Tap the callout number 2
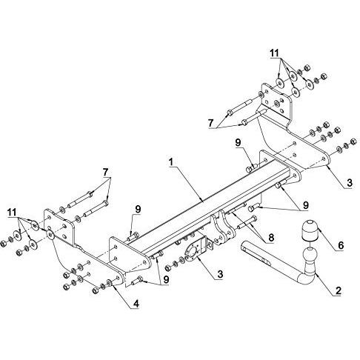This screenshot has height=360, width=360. click(338, 290)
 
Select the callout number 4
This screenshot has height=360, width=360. click(136, 304)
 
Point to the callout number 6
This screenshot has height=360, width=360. click(341, 245)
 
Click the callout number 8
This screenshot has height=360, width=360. click(271, 238)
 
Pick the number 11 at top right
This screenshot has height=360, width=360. click(274, 53)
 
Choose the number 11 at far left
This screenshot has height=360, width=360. click(12, 212)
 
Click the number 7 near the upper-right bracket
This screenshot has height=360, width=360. click(210, 123)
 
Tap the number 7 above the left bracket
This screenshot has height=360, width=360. click(106, 172)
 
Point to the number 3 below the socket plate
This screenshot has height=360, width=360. click(220, 274)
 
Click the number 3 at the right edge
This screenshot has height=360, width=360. click(349, 183)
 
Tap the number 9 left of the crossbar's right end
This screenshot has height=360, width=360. click(238, 142)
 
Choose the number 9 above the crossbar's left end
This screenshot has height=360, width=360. click(138, 209)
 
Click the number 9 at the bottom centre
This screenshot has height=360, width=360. click(166, 279)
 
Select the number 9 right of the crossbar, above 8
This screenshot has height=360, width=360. click(306, 205)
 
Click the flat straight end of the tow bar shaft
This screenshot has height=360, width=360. click(244, 246)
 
